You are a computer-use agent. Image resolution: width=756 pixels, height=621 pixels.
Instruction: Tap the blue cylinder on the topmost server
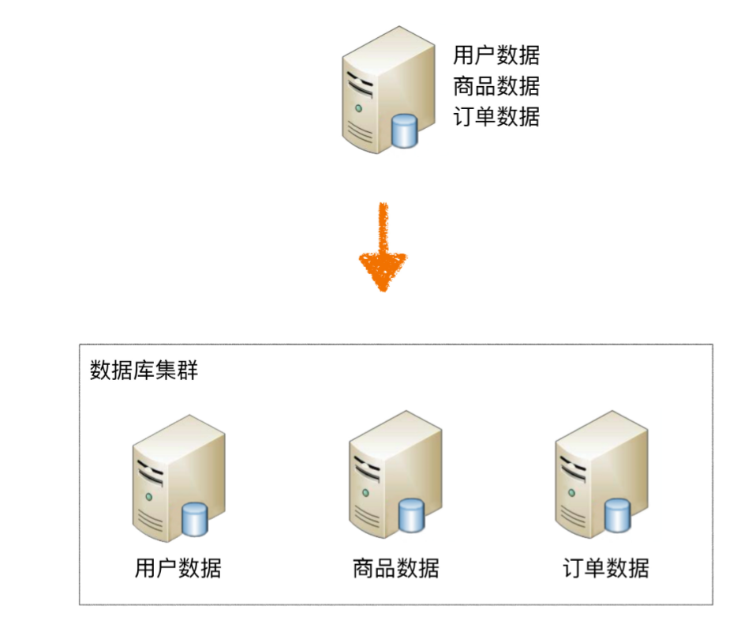tap(405, 130)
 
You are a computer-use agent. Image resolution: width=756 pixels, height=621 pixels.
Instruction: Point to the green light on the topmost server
tap(359, 107)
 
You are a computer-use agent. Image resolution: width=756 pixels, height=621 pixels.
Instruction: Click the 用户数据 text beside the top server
tap(496, 55)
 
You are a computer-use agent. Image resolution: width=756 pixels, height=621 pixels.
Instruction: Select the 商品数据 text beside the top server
tap(496, 86)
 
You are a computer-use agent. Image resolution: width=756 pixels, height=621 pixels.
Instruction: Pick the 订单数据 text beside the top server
tap(496, 117)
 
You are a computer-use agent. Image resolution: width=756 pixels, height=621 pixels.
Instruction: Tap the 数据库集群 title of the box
tap(144, 370)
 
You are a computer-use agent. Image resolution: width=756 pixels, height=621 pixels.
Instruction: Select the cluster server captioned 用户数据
tap(178, 481)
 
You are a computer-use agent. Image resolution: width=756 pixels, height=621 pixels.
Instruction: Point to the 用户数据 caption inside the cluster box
tap(178, 567)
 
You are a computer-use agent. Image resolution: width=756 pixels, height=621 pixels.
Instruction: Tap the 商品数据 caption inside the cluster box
tap(395, 567)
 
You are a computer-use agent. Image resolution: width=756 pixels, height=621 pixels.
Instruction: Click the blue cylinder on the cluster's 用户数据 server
tap(195, 518)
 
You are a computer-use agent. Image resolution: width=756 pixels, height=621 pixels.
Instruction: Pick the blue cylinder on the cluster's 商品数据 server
tap(411, 514)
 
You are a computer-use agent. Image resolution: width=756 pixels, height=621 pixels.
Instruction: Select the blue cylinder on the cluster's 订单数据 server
tap(618, 515)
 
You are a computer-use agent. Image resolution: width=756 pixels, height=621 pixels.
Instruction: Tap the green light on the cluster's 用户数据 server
tap(148, 496)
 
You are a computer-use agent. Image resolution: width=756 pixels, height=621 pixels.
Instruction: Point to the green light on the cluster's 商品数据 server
tap(365, 491)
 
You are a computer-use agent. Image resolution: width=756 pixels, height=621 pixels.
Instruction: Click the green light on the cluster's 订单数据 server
tap(572, 492)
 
